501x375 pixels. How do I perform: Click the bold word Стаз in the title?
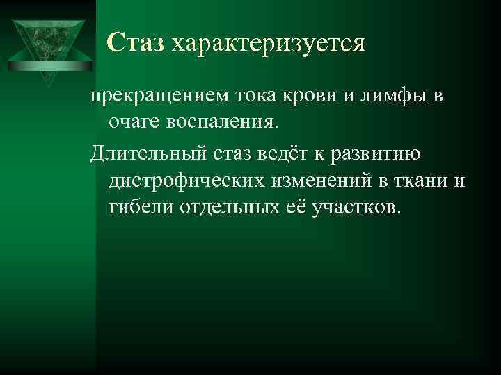click(x=136, y=44)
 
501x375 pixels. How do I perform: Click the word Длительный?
click(x=144, y=153)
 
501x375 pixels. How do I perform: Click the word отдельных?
click(x=225, y=206)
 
